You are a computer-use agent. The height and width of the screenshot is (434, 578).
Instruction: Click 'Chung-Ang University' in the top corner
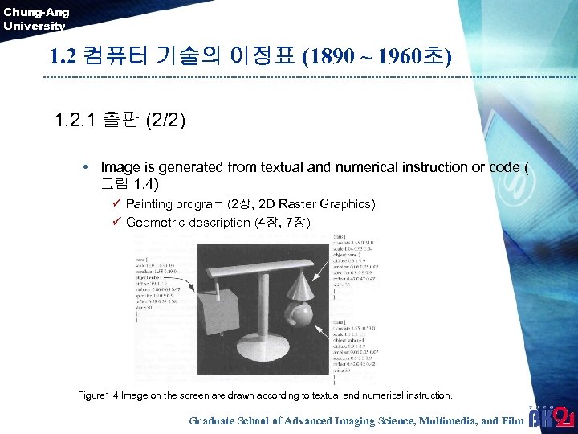pos(35,18)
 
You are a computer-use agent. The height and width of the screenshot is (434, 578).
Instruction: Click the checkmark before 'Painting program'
pos(116,204)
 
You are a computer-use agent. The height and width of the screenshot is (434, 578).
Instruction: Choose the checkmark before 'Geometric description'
pos(116,222)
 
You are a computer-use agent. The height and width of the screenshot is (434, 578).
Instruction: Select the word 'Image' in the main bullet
pos(120,167)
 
